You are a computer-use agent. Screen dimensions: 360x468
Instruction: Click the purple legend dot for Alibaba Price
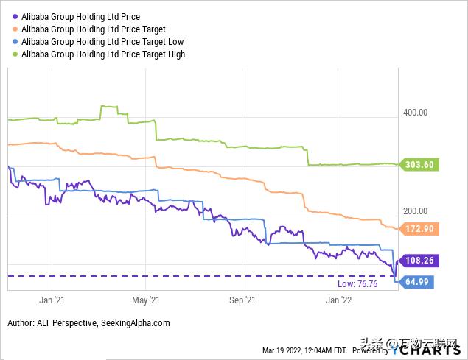coord(15,16)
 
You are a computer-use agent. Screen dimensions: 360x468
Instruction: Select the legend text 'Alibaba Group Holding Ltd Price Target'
coord(93,29)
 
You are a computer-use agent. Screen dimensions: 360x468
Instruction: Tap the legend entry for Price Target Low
coord(102,41)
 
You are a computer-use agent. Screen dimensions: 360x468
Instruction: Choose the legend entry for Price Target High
coord(103,54)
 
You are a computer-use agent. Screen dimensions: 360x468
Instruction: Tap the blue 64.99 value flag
coord(416,282)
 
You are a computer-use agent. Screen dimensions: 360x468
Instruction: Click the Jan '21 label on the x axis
coord(52,300)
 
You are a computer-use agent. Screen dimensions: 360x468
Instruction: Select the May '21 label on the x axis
coord(145,300)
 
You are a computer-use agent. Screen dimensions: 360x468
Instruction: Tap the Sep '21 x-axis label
coord(242,300)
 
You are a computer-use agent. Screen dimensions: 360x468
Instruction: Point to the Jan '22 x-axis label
coord(338,300)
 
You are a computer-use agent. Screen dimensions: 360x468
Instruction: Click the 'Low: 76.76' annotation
coord(357,283)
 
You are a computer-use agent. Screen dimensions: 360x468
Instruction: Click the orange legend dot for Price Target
coord(15,29)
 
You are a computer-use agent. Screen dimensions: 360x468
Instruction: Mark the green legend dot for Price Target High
coord(15,54)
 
